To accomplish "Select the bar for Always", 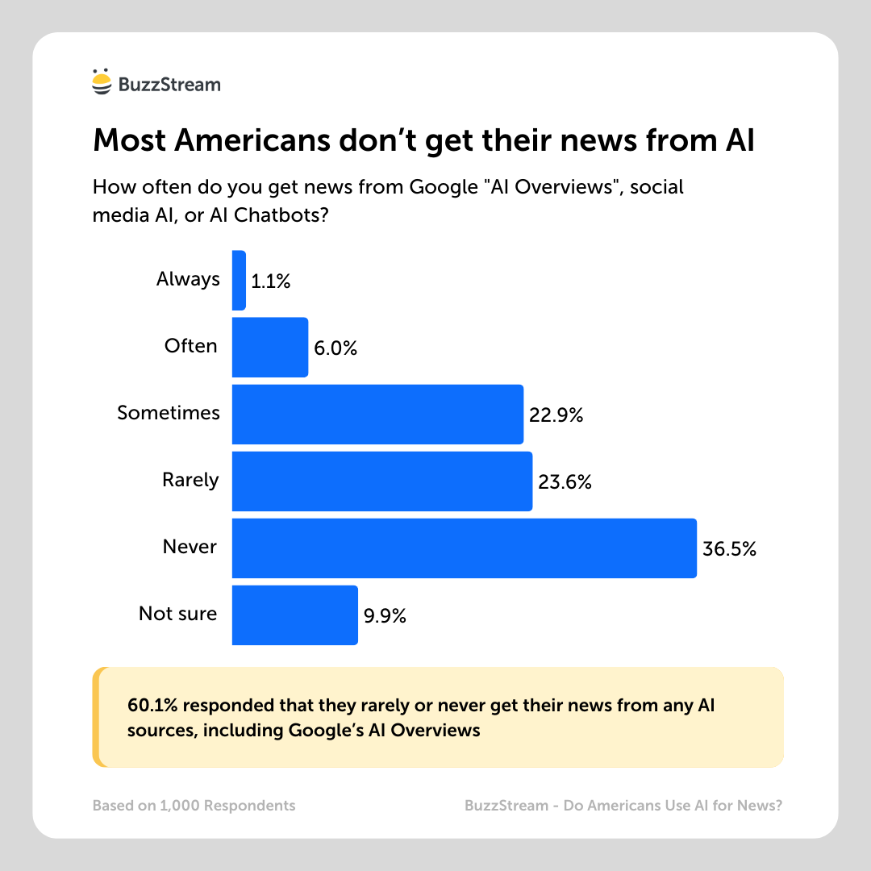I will (x=239, y=281).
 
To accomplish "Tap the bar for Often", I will (x=270, y=348).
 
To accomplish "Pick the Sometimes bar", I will (x=377, y=415).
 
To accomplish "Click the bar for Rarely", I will (x=382, y=481).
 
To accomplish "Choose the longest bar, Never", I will (x=465, y=548).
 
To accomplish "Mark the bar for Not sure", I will (x=294, y=615).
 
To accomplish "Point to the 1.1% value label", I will (x=270, y=281).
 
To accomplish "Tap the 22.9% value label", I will (x=556, y=415).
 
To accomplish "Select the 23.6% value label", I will (x=565, y=482).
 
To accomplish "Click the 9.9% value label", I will (x=385, y=616).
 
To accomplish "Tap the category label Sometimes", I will (x=169, y=413).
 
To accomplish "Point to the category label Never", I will (x=190, y=547).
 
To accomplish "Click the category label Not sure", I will (x=177, y=614).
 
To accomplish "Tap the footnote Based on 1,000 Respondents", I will (x=194, y=806).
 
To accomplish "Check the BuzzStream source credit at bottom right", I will (x=623, y=806).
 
